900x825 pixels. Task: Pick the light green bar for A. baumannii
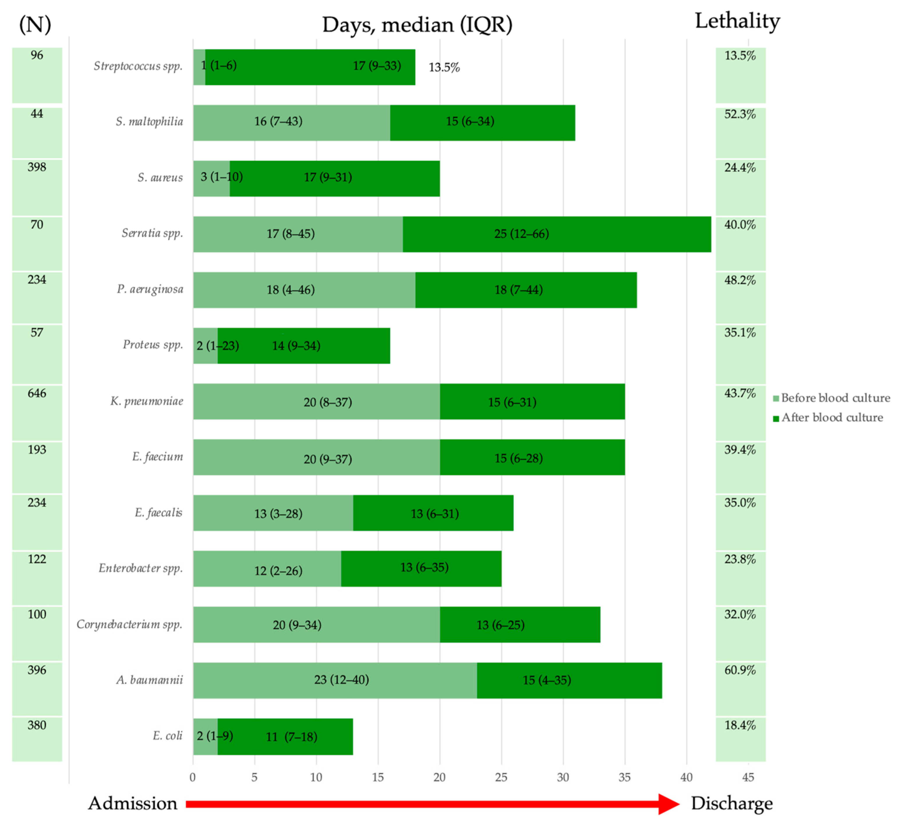[x=335, y=680]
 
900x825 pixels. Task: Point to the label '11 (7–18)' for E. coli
[x=291, y=736]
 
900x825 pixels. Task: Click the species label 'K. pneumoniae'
[x=147, y=401]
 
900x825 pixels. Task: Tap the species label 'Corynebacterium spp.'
[x=130, y=624]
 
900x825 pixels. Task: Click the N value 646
[x=37, y=393]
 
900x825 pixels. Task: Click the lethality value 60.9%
[x=740, y=670]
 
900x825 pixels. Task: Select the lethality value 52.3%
[x=740, y=114]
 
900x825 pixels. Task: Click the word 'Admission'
[x=132, y=803]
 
